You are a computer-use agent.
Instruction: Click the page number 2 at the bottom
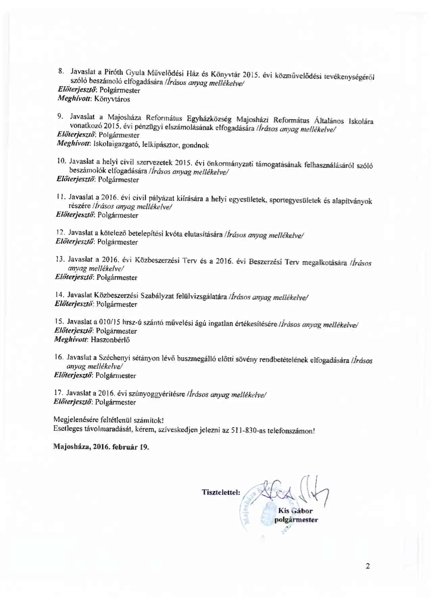tap(368, 565)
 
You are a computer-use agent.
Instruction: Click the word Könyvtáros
tap(112, 99)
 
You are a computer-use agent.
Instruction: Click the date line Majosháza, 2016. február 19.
tap(101, 446)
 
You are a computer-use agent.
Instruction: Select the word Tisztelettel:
tap(221, 492)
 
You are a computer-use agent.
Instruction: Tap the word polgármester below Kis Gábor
tap(296, 520)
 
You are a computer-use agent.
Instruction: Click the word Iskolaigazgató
tap(116, 145)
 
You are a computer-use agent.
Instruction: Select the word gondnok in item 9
tap(195, 146)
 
